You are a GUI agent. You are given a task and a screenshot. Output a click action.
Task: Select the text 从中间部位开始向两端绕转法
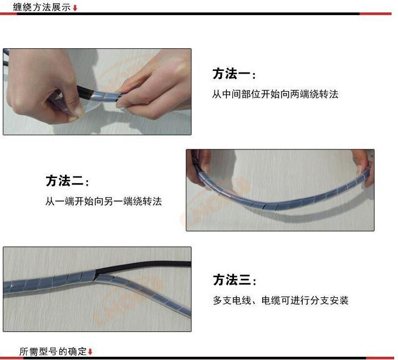(275, 94)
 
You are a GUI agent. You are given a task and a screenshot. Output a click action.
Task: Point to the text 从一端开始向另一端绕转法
(103, 201)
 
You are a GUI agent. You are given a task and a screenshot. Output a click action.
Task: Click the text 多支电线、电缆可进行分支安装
(280, 300)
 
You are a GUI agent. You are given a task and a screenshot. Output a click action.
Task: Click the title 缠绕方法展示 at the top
(42, 7)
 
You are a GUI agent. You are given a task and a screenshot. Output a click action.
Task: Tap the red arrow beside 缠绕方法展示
(75, 8)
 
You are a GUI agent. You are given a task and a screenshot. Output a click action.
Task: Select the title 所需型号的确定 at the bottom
(53, 351)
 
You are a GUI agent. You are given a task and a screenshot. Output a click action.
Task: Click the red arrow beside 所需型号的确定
(90, 352)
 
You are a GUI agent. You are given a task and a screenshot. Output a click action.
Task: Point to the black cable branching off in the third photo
(142, 266)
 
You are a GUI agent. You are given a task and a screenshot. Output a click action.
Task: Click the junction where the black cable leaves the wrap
(96, 274)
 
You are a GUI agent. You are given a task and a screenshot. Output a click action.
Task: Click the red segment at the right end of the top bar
(375, 14)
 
